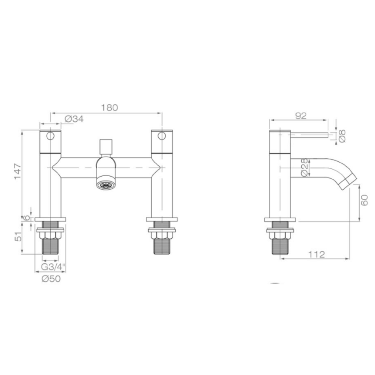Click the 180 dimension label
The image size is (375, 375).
tap(110, 107)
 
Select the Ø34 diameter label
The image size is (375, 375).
tap(74, 119)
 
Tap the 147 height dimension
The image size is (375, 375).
tap(17, 171)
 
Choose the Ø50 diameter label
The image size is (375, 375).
tap(51, 279)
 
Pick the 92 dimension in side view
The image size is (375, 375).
tap(301, 116)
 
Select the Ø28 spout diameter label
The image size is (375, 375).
tap(304, 167)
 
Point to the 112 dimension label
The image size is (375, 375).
tap(317, 254)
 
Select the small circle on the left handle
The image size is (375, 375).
tap(50, 136)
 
